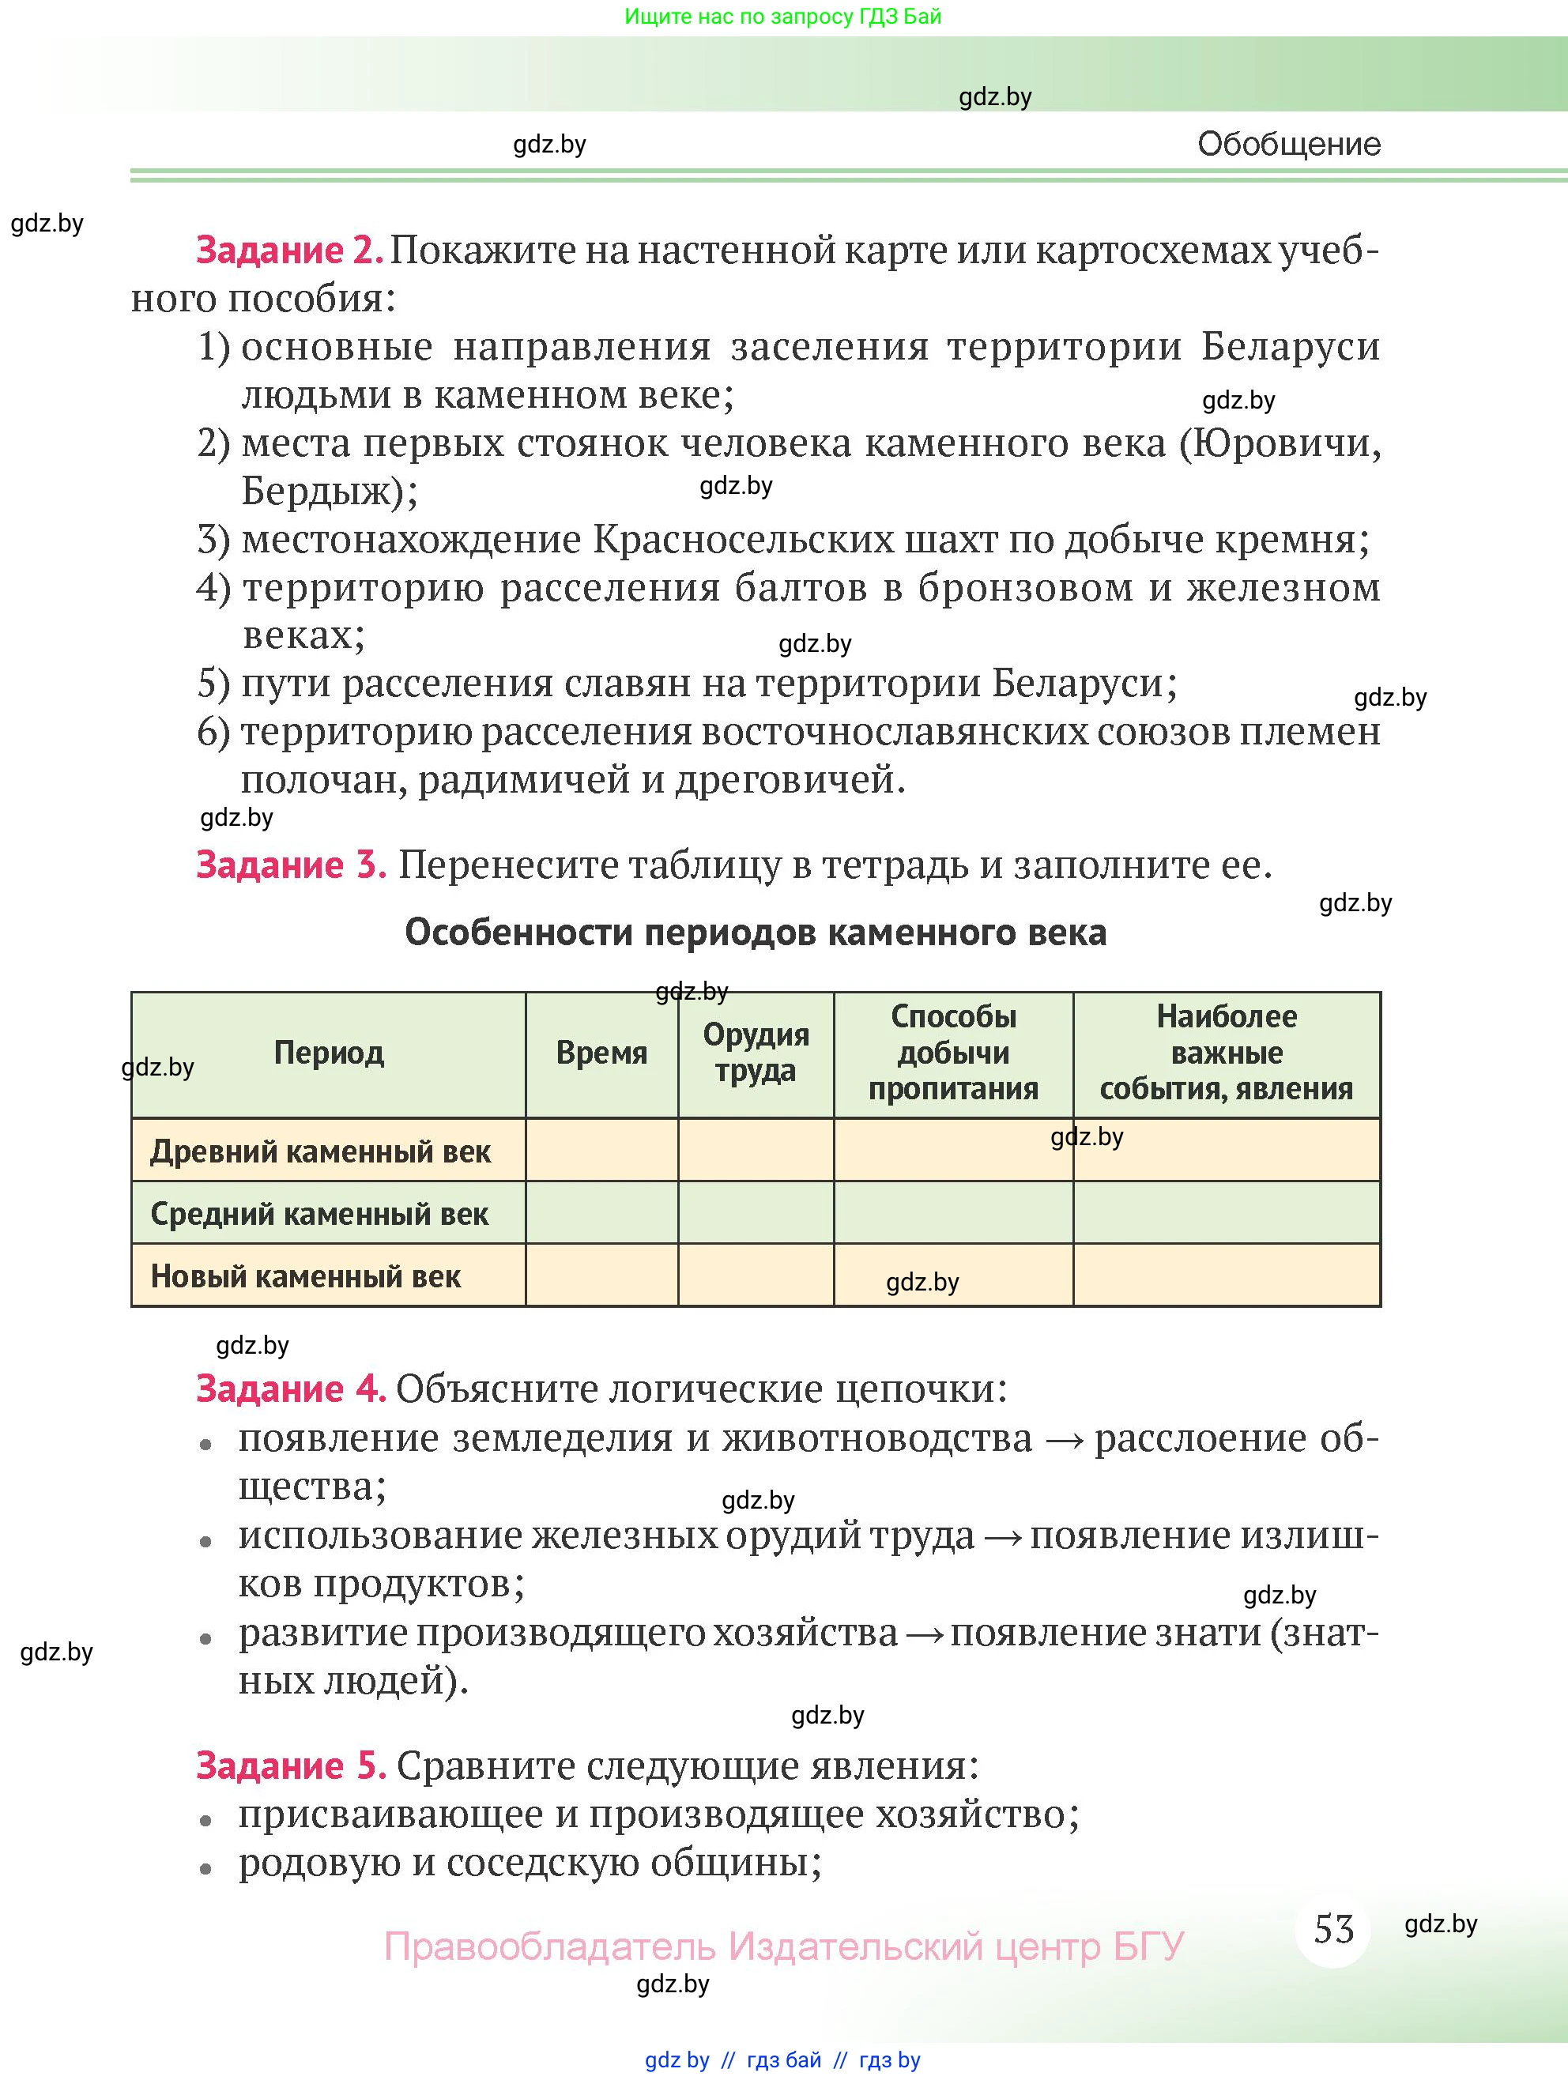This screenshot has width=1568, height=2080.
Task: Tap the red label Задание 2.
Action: tap(288, 251)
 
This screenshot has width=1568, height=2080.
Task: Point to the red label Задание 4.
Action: tap(291, 1389)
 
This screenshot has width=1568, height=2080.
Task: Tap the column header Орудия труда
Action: tap(756, 1052)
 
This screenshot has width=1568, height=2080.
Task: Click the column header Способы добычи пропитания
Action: tap(953, 1052)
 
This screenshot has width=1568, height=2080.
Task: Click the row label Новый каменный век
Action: tap(305, 1277)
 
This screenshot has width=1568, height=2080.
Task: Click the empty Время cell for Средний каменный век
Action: tap(601, 1213)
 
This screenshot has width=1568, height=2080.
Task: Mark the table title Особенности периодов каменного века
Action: tap(756, 933)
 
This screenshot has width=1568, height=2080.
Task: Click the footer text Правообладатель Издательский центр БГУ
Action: tap(782, 1946)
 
